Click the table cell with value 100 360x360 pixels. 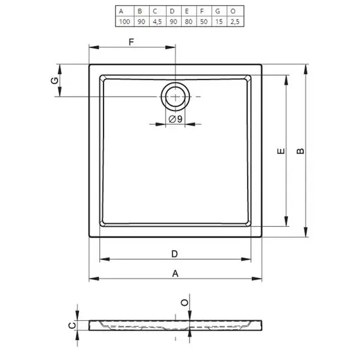tap(124, 21)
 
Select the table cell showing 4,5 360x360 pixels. tap(157, 21)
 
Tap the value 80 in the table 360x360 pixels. tap(188, 21)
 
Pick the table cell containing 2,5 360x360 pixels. tap(235, 21)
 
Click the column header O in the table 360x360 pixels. tap(233, 11)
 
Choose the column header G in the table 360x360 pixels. tap(218, 11)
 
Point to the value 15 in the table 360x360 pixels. tap(219, 21)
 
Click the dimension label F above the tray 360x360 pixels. tap(131, 42)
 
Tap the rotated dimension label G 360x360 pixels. tap(55, 81)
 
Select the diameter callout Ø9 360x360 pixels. tap(176, 119)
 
